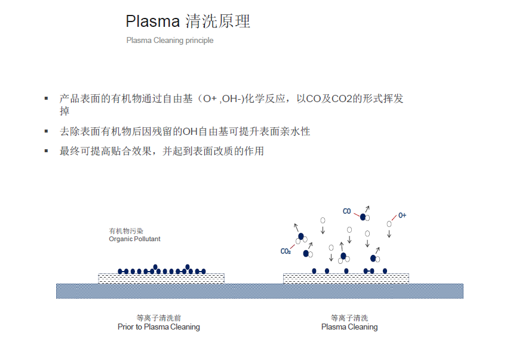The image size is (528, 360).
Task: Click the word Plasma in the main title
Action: pos(152,21)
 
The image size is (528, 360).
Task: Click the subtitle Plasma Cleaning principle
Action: pos(170,41)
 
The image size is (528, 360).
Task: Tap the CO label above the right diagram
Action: pos(346,211)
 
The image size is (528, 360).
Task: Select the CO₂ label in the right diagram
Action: pos(286,251)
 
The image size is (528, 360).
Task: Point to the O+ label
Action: pos(402,215)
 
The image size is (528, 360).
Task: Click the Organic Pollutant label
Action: pos(134,239)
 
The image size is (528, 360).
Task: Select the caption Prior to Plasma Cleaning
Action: pos(158,327)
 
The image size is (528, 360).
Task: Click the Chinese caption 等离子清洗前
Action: pos(158,318)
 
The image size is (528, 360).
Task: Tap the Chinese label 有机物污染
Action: pos(126,231)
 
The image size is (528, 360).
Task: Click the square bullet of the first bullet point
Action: pos(46,98)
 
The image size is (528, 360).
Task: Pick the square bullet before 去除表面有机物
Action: pos(46,131)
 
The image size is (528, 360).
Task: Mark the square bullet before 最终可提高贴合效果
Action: pos(46,150)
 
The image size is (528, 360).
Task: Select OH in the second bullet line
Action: pos(189,131)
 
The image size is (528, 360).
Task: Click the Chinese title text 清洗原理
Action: pos(218,21)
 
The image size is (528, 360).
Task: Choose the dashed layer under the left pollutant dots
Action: pos(161,278)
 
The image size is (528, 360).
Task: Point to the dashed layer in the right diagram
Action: pos(346,278)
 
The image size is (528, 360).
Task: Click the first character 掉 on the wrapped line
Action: pos(65,111)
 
